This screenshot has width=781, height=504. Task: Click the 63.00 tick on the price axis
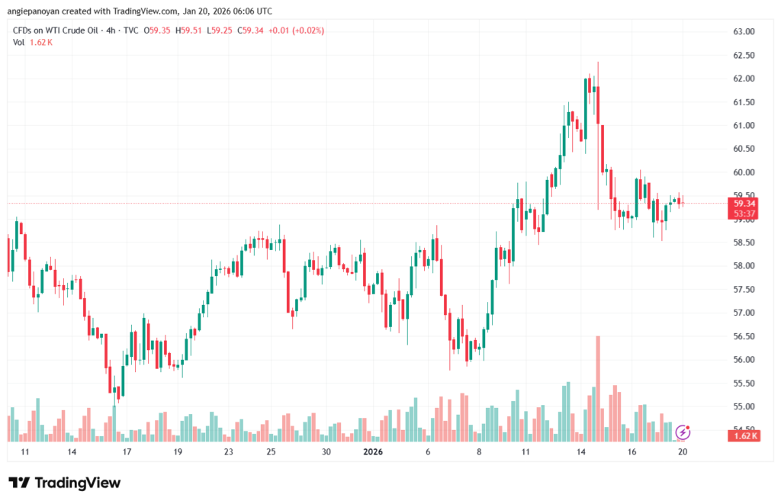[x=744, y=32]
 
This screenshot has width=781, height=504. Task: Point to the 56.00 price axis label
[x=744, y=360]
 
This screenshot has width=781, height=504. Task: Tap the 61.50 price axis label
[x=744, y=102]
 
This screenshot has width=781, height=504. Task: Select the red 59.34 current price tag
[x=744, y=204]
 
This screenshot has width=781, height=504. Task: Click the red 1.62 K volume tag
[x=744, y=435]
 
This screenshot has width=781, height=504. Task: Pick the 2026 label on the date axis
[x=373, y=452]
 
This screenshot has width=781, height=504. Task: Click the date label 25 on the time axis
[x=271, y=452]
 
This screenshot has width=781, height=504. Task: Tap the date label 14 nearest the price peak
[x=581, y=452]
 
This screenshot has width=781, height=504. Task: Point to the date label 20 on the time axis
[x=683, y=452]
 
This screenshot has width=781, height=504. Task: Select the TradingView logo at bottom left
[x=64, y=483]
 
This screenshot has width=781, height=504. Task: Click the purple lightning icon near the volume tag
[x=683, y=433]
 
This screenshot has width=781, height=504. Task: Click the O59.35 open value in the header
[x=156, y=30]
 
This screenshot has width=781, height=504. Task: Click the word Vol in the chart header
[x=19, y=42]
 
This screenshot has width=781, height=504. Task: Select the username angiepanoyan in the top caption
[x=35, y=11]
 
